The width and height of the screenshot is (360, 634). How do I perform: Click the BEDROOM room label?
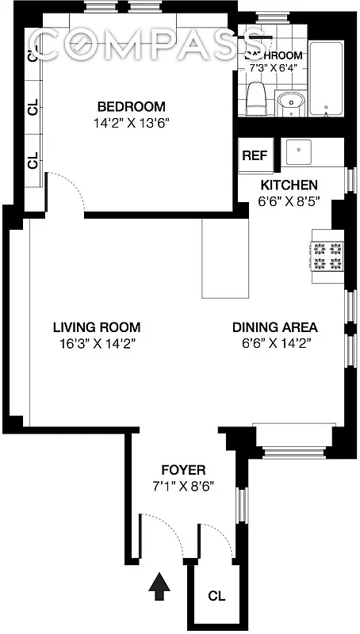coord(131,107)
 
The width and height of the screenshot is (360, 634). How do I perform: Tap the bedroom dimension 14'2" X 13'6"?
coord(131,123)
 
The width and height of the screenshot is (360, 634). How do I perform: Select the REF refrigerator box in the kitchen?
coord(255,155)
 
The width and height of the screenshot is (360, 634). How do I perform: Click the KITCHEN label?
coord(289,185)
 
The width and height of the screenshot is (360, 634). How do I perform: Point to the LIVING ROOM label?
coord(97,327)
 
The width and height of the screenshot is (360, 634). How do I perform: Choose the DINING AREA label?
coord(274,327)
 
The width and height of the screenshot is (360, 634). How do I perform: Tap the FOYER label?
coord(183,468)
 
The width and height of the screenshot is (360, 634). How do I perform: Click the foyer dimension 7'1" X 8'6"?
coord(183,485)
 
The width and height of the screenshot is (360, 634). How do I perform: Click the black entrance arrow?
coord(160,588)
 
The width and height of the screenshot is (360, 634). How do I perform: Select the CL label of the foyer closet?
coord(216,595)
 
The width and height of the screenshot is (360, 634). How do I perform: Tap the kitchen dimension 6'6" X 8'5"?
coord(289,201)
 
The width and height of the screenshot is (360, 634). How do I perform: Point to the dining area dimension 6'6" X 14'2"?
coord(274,343)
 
